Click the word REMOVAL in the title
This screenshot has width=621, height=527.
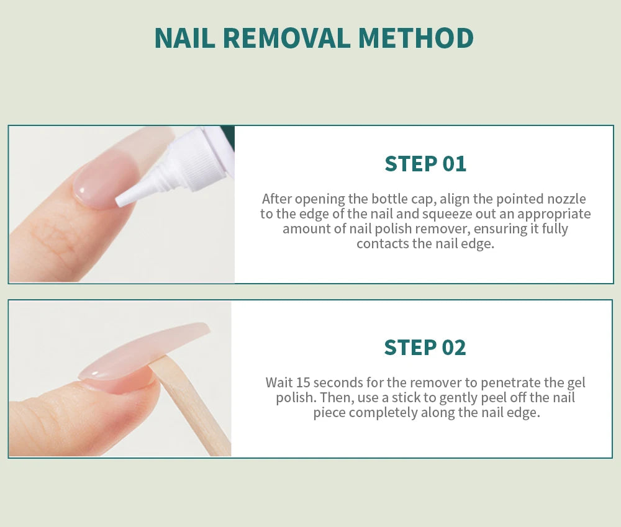[286, 38]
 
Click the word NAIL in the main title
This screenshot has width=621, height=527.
[184, 38]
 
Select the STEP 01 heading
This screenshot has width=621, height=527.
[425, 164]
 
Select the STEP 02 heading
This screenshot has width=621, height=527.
[425, 347]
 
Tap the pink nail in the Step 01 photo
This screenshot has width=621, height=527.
[99, 180]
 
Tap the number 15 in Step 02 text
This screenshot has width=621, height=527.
[303, 382]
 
